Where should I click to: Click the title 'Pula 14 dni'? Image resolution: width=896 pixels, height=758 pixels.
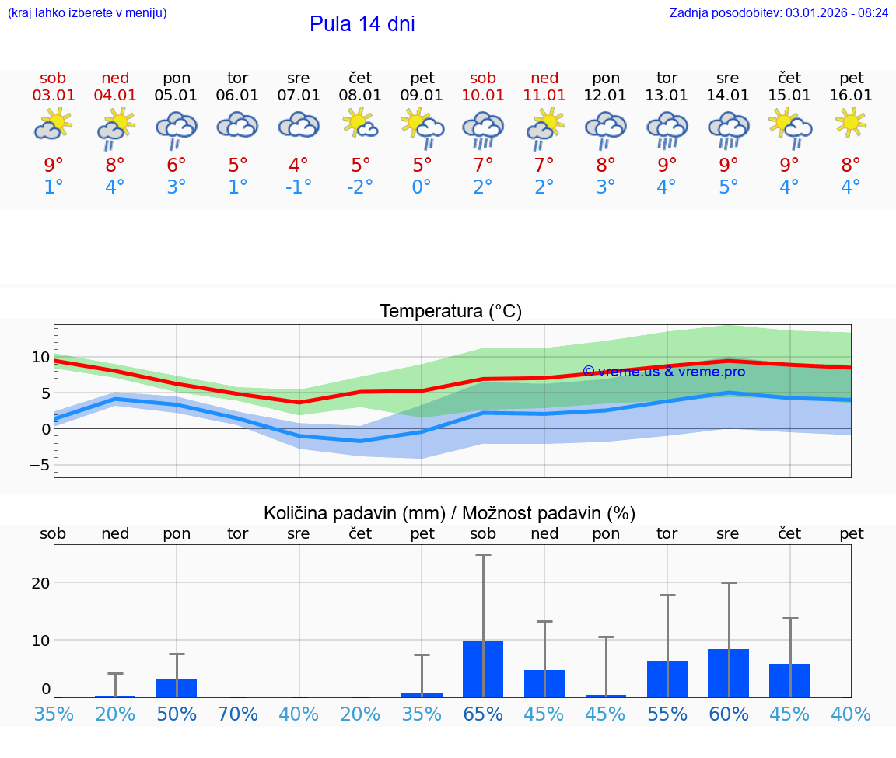tap(362, 24)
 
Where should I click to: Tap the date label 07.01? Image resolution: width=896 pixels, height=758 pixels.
tap(298, 96)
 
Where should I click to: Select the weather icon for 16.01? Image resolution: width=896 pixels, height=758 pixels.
tap(851, 122)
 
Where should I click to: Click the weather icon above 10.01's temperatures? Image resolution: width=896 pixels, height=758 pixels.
tap(483, 127)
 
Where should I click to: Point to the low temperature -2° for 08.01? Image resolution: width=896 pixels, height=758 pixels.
tap(360, 187)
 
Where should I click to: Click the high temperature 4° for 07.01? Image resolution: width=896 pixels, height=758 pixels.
tap(299, 165)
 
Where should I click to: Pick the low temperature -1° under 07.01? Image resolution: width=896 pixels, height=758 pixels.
tap(299, 187)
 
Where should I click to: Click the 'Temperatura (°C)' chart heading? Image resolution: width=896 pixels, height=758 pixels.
tap(450, 312)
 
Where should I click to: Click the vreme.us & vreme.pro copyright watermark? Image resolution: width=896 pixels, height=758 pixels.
tap(663, 372)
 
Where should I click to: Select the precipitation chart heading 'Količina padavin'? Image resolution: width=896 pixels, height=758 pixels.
tap(450, 513)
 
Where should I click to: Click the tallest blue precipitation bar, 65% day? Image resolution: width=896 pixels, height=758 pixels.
tap(483, 669)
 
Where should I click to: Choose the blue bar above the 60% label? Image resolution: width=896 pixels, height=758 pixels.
tap(728, 673)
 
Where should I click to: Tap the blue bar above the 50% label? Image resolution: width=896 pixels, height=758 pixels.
tap(177, 688)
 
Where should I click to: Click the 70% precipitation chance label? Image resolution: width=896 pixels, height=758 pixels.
tap(237, 714)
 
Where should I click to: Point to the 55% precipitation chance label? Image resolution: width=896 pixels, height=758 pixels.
tap(667, 714)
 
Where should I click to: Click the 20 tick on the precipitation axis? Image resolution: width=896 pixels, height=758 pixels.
tap(40, 583)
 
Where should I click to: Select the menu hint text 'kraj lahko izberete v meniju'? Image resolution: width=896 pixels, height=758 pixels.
tap(86, 13)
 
